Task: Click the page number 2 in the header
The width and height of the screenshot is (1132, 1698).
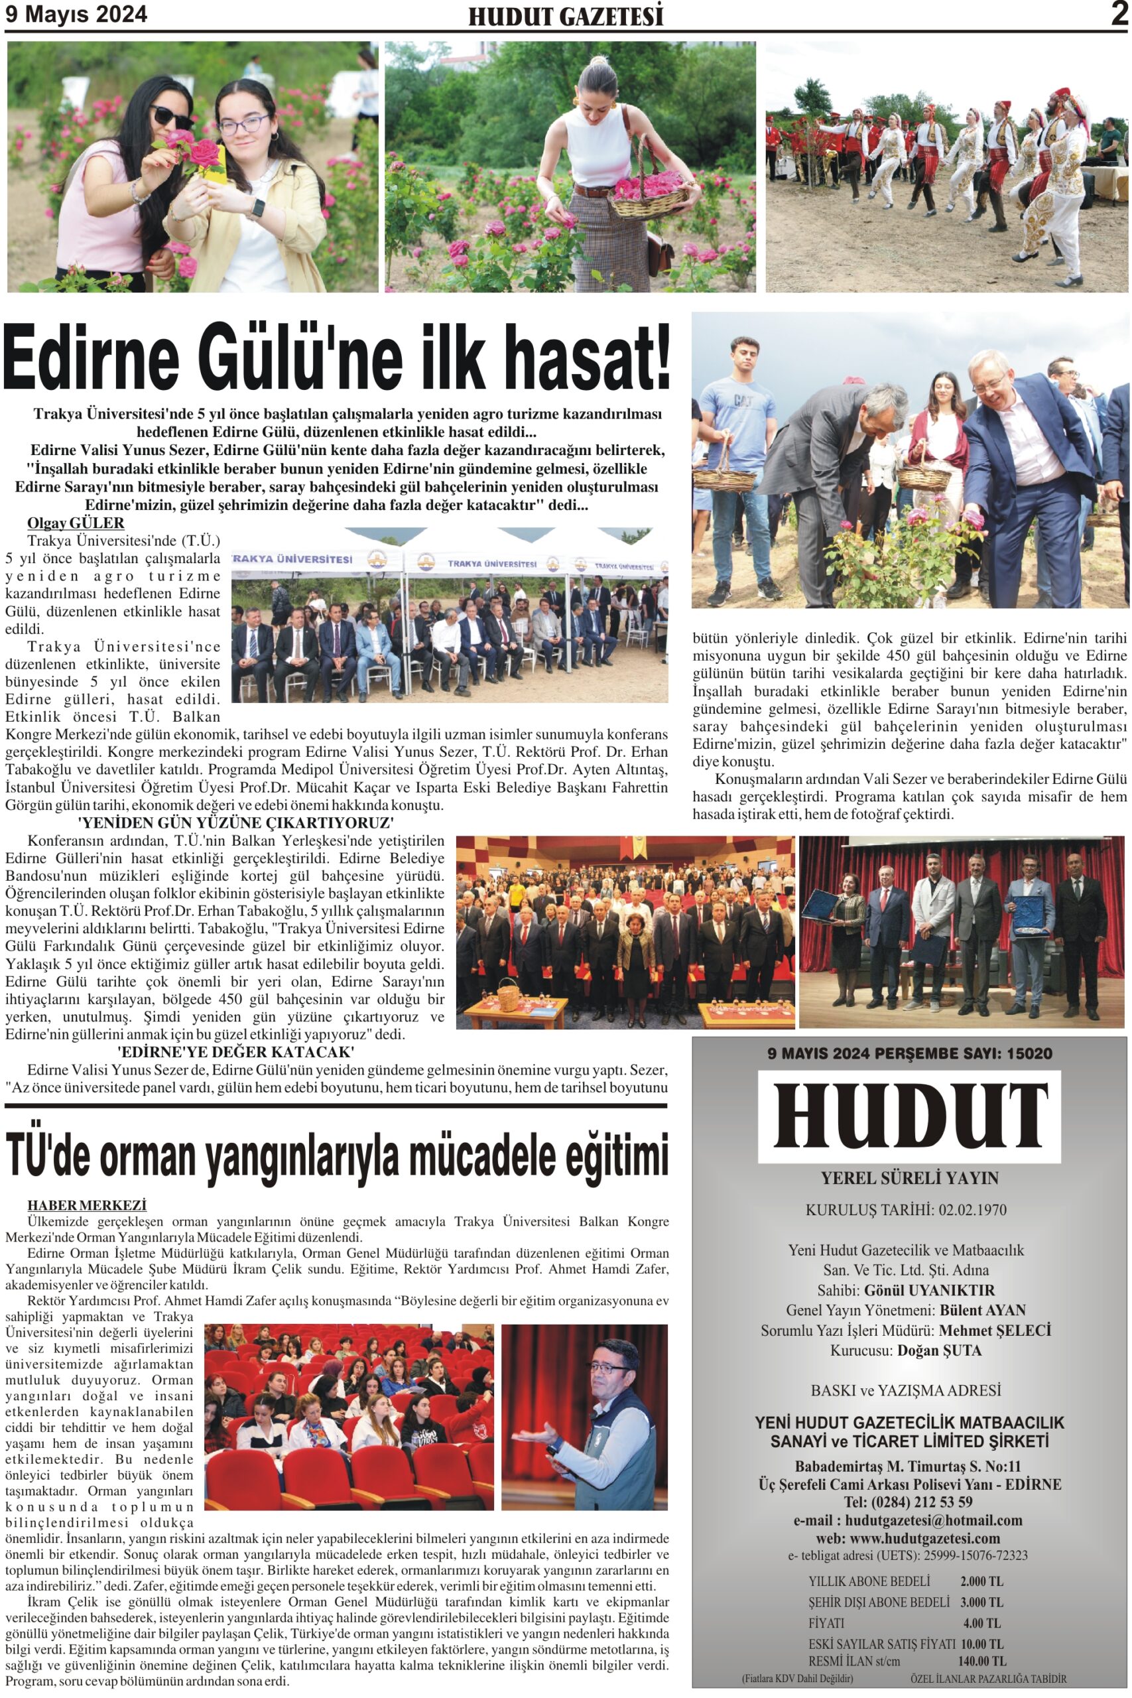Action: tap(1118, 15)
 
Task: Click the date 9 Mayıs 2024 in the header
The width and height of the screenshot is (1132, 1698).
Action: tap(76, 15)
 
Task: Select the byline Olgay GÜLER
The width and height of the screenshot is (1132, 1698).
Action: tap(76, 523)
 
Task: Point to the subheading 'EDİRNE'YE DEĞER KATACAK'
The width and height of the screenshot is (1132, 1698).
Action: tap(235, 1051)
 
